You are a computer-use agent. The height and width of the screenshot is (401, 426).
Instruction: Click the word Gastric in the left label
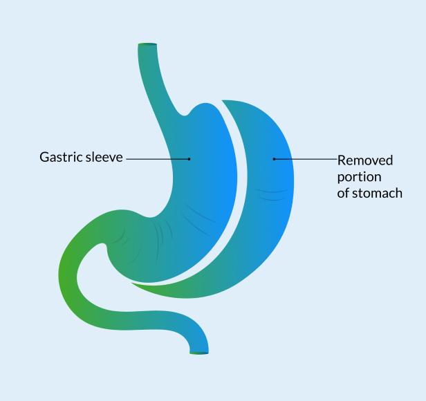click(x=59, y=158)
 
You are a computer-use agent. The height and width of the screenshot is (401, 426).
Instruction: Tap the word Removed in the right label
click(x=365, y=160)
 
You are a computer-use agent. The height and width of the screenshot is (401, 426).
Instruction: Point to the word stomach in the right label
click(x=378, y=194)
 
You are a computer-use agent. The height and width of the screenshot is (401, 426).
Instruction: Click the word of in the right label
click(x=344, y=194)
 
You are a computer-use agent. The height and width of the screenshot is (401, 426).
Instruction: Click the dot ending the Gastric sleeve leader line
click(x=189, y=158)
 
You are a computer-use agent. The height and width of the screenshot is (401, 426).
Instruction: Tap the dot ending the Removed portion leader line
click(x=274, y=159)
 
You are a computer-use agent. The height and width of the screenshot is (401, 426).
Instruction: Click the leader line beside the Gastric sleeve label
click(x=156, y=158)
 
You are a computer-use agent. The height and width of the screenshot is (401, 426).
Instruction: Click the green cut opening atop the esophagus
click(x=147, y=45)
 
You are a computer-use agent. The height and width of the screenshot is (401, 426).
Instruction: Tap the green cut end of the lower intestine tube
click(x=198, y=353)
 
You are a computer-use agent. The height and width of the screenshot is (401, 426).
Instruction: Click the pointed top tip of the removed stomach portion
click(x=224, y=102)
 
